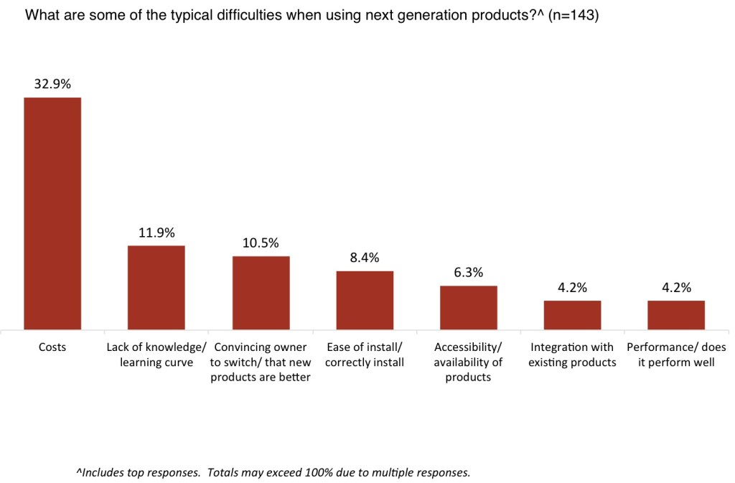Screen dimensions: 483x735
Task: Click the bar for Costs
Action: (x=52, y=213)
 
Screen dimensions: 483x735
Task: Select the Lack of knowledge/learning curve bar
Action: (x=156, y=287)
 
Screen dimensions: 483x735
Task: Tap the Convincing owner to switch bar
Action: (x=261, y=292)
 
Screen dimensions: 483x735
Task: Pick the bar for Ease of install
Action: (x=365, y=300)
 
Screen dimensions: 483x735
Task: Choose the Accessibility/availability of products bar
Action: (x=469, y=307)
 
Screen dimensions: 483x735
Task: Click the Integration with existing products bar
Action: (x=572, y=314)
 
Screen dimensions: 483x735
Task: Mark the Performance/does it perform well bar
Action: (x=676, y=314)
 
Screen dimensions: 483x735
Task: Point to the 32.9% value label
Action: (x=52, y=84)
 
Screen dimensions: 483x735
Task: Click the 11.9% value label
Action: (x=156, y=233)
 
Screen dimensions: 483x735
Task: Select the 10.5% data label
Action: (x=261, y=243)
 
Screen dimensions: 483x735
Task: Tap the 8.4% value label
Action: (x=365, y=257)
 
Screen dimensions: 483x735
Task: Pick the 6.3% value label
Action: (x=469, y=272)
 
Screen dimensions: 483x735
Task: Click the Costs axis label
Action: (x=52, y=347)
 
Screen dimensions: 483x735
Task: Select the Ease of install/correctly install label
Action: (x=365, y=355)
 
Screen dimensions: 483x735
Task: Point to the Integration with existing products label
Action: (x=572, y=355)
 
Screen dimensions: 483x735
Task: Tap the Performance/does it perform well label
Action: (x=676, y=355)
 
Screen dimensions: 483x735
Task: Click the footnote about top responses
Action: (x=273, y=472)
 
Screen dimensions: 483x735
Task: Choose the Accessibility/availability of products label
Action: (x=469, y=362)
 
